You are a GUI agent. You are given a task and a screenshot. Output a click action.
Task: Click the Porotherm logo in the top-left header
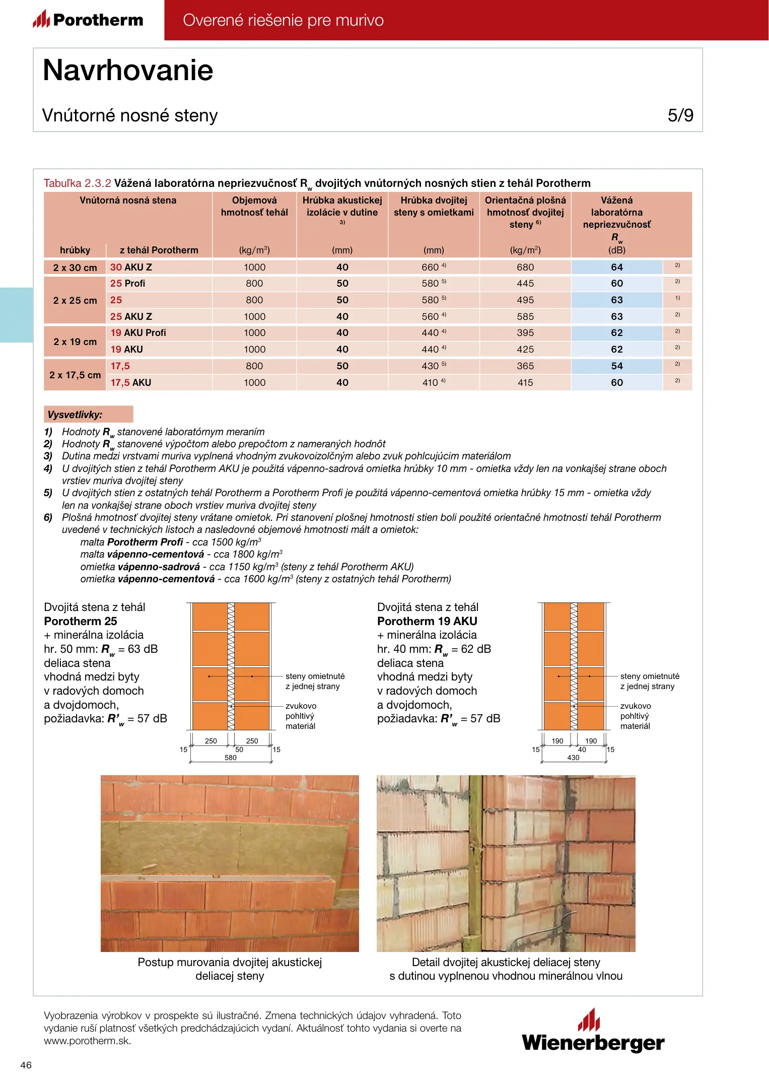[88, 20]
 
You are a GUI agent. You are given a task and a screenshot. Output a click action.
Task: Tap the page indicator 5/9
[680, 115]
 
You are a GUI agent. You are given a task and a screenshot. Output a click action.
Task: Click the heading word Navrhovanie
[128, 70]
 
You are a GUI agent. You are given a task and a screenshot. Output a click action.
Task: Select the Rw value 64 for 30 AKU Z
[616, 267]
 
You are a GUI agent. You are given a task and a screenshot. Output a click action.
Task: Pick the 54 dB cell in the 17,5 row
[616, 366]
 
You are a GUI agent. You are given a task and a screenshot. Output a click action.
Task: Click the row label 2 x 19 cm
[75, 342]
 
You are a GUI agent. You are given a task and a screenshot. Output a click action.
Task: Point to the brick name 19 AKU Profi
[138, 332]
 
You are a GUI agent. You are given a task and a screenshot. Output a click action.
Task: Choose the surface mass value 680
[525, 267]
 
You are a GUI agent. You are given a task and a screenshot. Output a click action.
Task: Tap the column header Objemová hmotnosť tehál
[254, 206]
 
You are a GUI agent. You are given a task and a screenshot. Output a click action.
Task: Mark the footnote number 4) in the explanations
[48, 468]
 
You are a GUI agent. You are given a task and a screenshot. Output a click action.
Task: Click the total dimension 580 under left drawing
[230, 758]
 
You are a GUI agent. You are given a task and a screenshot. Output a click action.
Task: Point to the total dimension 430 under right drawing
[573, 758]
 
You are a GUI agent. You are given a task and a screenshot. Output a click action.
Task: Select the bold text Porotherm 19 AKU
[427, 621]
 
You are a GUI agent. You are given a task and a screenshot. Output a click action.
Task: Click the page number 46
[26, 1065]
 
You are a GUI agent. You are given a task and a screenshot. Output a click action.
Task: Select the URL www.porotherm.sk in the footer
[87, 1041]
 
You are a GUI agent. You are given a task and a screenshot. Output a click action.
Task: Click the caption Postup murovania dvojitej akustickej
[230, 962]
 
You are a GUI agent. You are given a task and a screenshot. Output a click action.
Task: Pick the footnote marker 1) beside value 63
[677, 298]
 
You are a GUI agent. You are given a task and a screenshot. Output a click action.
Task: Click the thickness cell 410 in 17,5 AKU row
[430, 382]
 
